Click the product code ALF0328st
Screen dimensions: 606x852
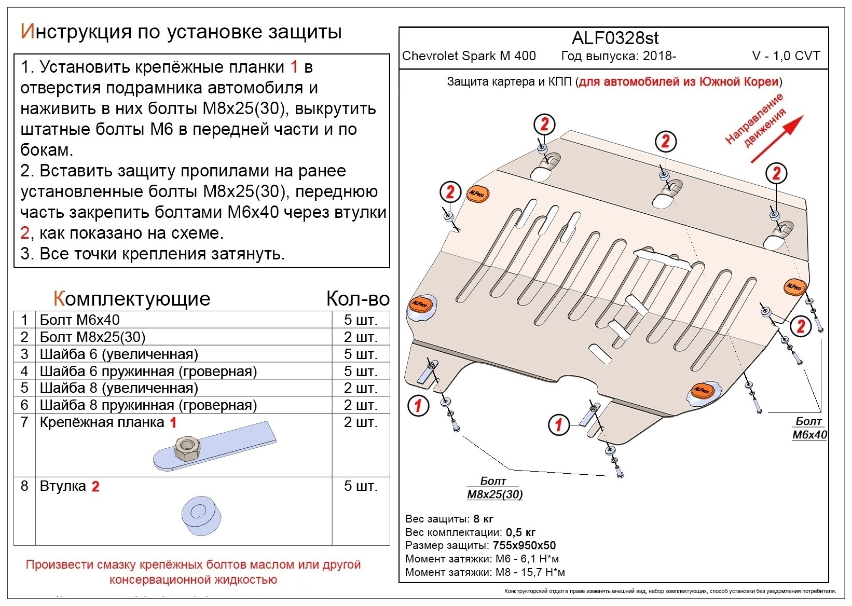coord(615,38)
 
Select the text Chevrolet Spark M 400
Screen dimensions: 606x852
coord(469,56)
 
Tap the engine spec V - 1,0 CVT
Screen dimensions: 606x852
coord(786,56)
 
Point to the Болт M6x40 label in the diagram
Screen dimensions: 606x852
coord(809,429)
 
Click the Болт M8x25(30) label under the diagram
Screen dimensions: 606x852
coord(494,488)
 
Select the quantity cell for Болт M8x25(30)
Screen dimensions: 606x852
coord(360,337)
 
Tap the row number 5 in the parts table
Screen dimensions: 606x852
coord(24,388)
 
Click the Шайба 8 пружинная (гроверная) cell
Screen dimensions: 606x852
coord(148,405)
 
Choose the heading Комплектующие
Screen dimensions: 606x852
coord(132,299)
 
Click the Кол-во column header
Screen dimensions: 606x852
coord(358,299)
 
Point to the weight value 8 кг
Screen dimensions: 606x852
coord(483,519)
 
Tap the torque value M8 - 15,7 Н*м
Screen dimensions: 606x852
coord(528,572)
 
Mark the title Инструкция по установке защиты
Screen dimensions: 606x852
coord(181,32)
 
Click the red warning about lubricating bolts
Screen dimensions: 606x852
coord(193,572)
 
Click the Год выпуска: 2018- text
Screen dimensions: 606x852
coord(619,56)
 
